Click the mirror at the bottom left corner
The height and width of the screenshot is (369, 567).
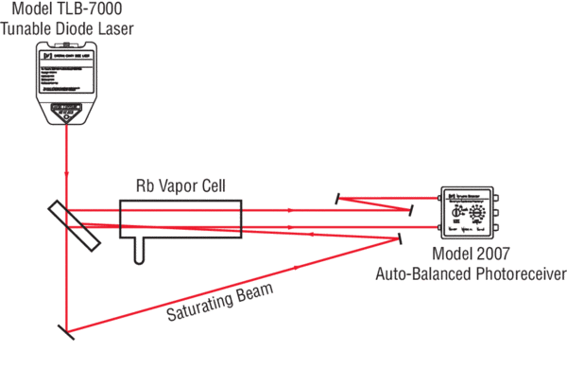coord(67,332)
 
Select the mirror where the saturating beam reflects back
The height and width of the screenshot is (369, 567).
coord(403,237)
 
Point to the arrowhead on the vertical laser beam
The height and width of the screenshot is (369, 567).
coord(67,176)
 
